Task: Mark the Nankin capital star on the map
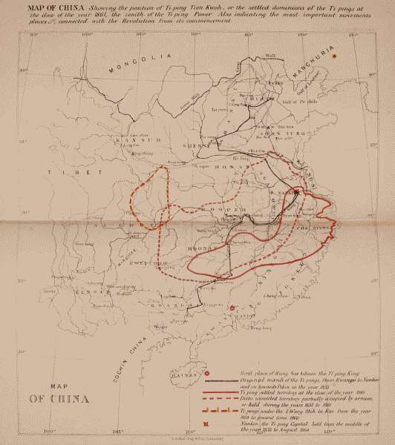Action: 296,192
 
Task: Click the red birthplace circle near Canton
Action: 232,306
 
